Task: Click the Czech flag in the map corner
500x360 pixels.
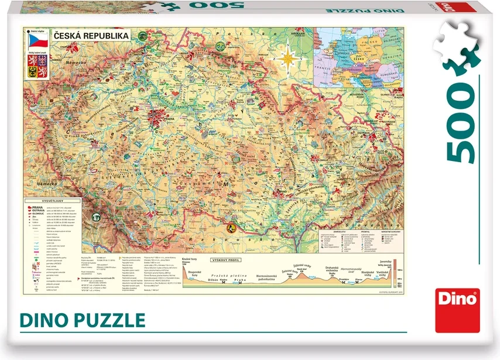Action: tap(38, 41)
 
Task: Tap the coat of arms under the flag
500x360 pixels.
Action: tap(38, 70)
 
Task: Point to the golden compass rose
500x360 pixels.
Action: tap(288, 59)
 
